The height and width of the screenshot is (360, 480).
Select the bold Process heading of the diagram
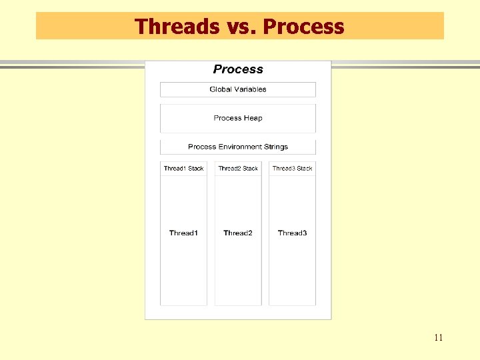(238, 69)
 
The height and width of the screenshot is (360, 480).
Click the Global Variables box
(238, 89)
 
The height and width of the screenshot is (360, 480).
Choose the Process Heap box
(238, 118)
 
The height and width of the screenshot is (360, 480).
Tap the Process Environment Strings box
(238, 147)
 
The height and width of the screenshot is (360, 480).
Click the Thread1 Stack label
(183, 169)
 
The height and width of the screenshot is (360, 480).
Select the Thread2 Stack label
(238, 169)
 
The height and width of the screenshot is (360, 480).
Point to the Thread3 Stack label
(292, 169)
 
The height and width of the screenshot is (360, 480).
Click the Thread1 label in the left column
(183, 233)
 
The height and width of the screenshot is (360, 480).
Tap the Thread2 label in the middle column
(238, 233)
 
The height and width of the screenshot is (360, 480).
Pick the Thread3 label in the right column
(292, 233)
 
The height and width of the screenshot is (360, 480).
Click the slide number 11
(438, 337)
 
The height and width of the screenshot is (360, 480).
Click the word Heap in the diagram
(253, 118)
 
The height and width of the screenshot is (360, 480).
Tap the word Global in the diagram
(220, 89)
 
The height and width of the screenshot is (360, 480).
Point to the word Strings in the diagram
(277, 147)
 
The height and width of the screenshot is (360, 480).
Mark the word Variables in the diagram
(250, 89)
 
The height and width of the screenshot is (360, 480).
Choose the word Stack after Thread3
(305, 169)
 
